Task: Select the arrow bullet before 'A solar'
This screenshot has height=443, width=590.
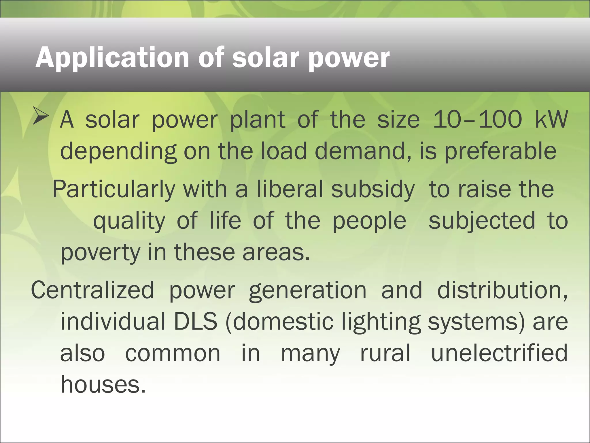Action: click(40, 116)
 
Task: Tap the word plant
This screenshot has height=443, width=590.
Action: click(258, 120)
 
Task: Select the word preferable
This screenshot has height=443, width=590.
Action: click(500, 151)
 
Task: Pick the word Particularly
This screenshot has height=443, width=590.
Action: click(114, 189)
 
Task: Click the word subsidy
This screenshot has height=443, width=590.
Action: click(372, 189)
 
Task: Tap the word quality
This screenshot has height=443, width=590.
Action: click(129, 221)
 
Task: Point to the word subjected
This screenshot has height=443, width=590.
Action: click(482, 221)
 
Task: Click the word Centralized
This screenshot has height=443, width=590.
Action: click(92, 290)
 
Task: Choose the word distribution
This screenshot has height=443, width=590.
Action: click(502, 290)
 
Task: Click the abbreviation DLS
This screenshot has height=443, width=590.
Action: click(196, 322)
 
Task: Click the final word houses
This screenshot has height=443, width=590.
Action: click(103, 385)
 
